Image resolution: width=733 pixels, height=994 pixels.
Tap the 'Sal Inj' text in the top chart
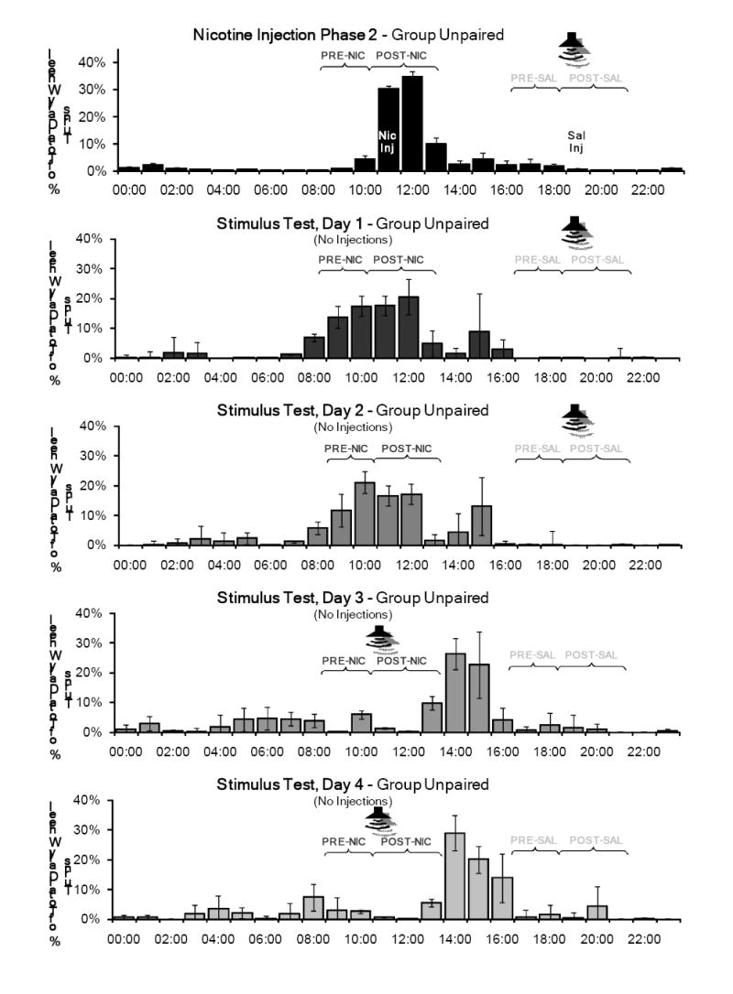[x=576, y=141]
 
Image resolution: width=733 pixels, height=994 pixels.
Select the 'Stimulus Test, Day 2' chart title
[x=353, y=409]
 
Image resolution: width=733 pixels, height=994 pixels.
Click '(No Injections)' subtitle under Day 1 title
[x=353, y=240]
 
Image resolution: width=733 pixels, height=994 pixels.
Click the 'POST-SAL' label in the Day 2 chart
[x=596, y=448]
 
